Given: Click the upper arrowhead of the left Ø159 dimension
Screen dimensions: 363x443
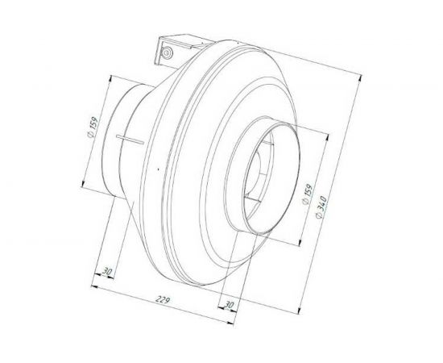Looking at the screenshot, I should [x=107, y=77].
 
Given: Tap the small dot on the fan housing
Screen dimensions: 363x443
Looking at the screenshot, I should [x=159, y=167].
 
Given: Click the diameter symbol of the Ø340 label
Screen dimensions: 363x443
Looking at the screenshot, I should [x=321, y=222].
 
